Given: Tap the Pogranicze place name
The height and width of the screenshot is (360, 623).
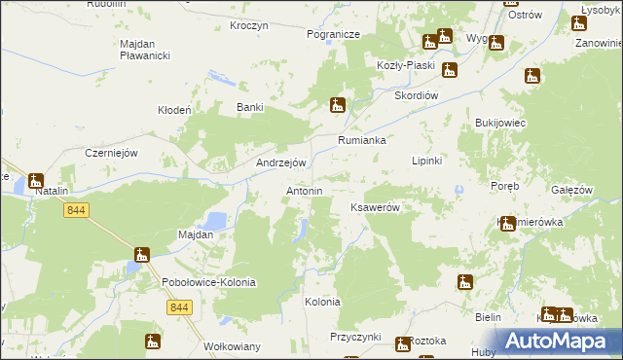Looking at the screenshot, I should (333, 34).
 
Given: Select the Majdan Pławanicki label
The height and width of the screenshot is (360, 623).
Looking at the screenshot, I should (145, 50).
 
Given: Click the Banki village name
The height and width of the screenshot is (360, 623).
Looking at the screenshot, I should (251, 108).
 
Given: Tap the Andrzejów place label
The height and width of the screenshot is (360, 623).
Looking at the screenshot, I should (281, 163).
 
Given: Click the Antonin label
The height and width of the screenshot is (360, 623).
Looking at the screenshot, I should (304, 191).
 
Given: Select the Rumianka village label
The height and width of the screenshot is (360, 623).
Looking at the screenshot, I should (362, 140).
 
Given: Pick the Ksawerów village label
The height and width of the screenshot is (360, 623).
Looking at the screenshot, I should (376, 208).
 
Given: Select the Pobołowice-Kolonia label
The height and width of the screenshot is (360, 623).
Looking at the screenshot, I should (208, 282).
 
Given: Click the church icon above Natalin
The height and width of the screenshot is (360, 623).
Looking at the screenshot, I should (36, 179).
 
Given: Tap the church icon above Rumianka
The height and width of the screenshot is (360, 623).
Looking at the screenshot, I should (337, 104).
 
